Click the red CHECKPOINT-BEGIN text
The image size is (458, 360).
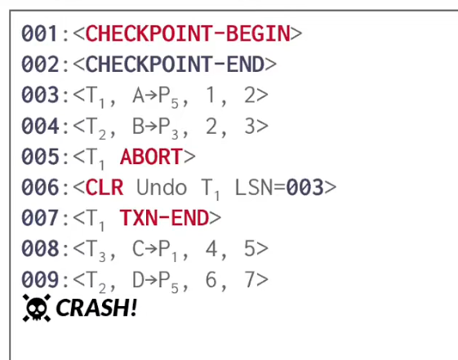point(188,33)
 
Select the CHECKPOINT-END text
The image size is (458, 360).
point(175,64)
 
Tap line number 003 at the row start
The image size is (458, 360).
point(40,96)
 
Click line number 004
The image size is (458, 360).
point(40,127)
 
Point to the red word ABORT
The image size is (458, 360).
point(152,157)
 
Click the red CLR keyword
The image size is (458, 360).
point(104,188)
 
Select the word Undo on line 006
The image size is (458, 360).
point(162,188)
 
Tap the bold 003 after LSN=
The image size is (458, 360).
point(305,188)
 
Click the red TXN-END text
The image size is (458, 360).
point(164,218)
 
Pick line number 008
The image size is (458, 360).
point(40,249)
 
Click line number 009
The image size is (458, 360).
point(40,280)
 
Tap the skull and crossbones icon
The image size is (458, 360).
point(37,308)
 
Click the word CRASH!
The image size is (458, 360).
point(96,308)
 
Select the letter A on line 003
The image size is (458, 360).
point(139,96)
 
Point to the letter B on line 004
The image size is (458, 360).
point(139,127)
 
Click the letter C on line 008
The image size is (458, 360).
point(139,249)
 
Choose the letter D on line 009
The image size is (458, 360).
point(139,280)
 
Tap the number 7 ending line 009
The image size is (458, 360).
point(250,280)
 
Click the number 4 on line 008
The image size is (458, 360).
point(211,249)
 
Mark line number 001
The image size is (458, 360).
point(40,33)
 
